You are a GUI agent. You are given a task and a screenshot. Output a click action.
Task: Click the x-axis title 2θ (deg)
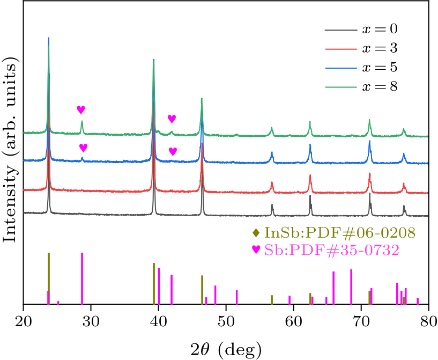[x=226, y=349]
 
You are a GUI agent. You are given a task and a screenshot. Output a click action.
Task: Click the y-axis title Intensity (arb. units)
[x=10, y=153]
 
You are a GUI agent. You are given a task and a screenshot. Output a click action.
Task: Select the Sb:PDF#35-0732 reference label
[x=331, y=250]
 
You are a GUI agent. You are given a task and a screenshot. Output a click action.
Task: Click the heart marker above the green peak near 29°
[x=81, y=109]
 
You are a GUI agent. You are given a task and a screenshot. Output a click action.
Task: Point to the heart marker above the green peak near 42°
[x=172, y=119]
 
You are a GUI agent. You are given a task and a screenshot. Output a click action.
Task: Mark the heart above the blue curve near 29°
[x=83, y=148]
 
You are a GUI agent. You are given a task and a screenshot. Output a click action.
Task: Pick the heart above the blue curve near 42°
[x=173, y=151]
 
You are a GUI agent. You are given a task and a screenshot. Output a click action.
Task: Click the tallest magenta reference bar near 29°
[x=82, y=279]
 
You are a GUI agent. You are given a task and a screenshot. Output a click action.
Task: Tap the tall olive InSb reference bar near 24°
[x=49, y=279]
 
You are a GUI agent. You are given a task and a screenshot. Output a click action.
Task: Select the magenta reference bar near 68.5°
[x=351, y=287]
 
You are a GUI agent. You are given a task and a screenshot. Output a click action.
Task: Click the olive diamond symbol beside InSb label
[x=256, y=233]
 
